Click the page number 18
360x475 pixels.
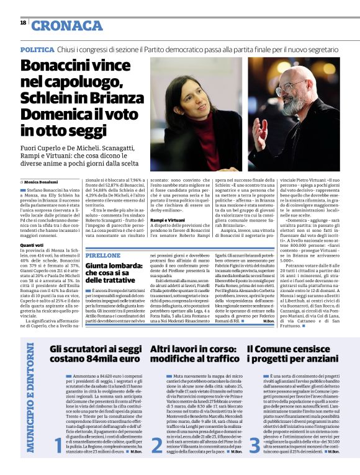click(23, 22)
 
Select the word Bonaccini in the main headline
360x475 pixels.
click(57, 66)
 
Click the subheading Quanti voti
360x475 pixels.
click(31, 244)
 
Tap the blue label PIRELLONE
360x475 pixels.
click(103, 255)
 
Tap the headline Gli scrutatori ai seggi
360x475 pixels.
click(94, 349)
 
